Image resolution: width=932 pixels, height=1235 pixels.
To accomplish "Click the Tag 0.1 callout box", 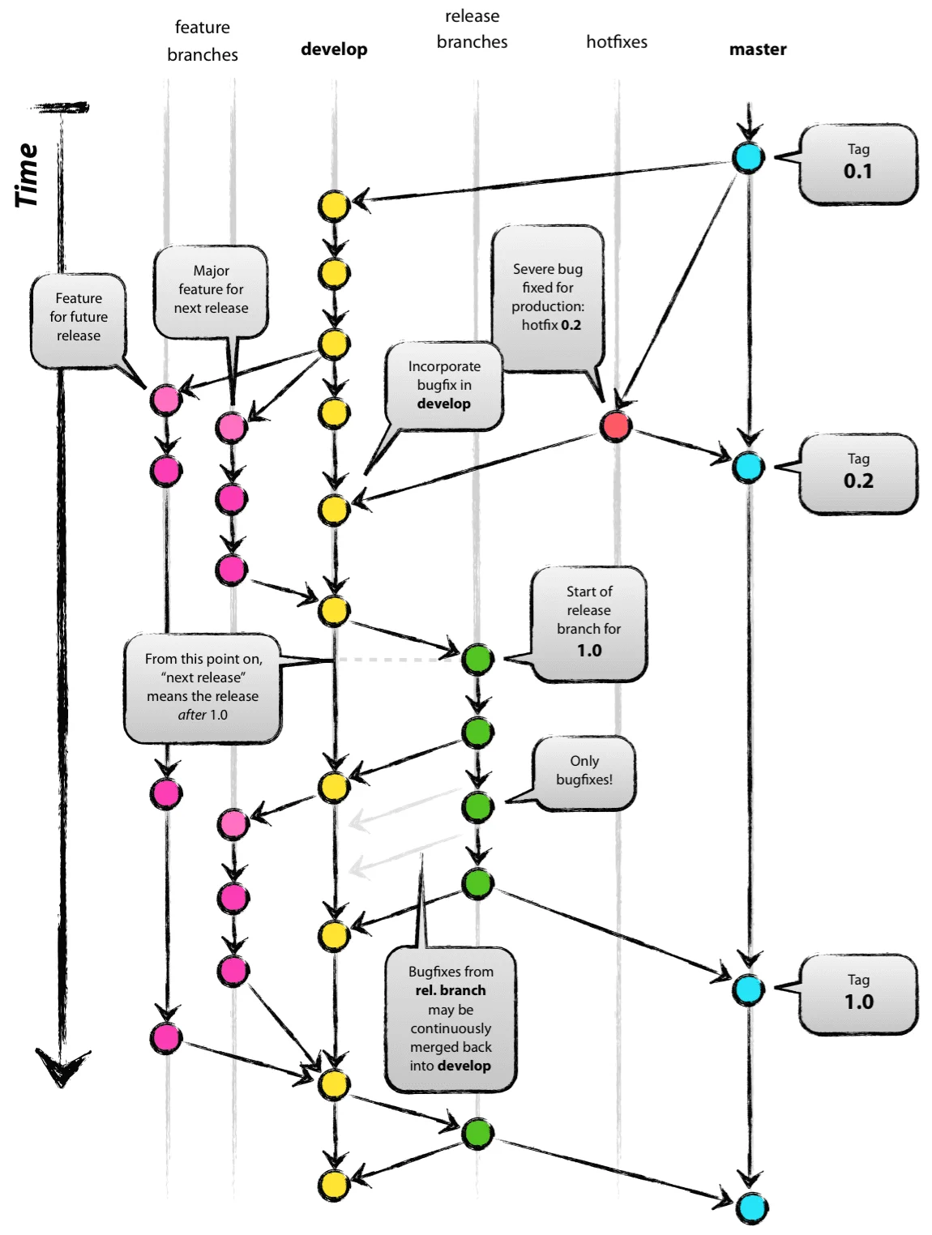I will point(857,164).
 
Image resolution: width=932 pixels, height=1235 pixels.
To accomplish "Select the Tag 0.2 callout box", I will point(857,473).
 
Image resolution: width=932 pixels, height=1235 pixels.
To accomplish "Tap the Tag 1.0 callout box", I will point(857,994).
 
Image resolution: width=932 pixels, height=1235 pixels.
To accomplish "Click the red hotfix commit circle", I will point(616,425).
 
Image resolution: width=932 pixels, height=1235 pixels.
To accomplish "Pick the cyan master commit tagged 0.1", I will point(748,157).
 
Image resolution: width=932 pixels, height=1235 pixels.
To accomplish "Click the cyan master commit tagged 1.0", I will point(748,989).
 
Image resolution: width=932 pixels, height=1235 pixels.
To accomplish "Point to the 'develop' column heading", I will point(334,49).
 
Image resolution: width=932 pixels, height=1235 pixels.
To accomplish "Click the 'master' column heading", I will point(758,49).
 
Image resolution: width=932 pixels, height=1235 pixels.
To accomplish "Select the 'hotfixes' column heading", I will point(617,41).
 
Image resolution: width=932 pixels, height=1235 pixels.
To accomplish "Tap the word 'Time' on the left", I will point(27,175).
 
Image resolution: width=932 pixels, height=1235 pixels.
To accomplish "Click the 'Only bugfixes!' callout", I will point(584,771).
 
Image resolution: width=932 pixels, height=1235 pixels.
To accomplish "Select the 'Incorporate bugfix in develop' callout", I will point(444,386).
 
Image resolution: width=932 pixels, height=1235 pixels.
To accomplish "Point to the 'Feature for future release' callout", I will point(79,318).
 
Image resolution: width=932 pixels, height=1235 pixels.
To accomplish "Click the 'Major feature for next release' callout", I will point(211,290).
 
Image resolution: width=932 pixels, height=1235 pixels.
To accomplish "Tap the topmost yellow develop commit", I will point(333,206).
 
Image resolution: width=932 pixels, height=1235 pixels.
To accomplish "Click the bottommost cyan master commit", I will point(751,1207).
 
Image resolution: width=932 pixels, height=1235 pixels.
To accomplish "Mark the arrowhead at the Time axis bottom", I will point(62,1066).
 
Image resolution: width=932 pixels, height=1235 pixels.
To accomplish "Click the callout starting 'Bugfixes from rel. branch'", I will point(451,1019).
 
